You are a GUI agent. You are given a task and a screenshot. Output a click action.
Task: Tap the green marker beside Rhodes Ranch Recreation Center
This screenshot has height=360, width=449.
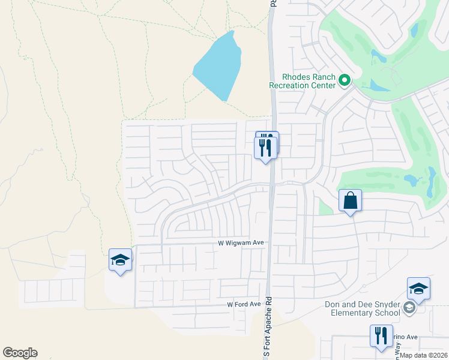tap(345, 79)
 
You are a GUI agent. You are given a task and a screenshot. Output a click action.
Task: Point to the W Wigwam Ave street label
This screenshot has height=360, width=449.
tap(241, 243)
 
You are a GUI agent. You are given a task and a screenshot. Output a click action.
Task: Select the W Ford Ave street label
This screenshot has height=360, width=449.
tap(244, 304)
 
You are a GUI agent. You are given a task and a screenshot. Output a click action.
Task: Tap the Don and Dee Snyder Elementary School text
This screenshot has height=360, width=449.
tap(362, 308)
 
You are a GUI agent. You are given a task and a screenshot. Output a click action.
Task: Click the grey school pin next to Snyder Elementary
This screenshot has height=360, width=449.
tap(409, 308)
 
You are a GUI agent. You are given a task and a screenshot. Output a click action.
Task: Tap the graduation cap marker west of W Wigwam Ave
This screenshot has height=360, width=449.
tap(120, 260)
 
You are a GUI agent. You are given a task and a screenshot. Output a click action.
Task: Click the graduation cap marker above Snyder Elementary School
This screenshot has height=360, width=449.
tap(418, 289)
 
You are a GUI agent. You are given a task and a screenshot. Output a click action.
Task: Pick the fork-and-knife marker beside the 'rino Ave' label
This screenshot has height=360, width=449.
tap(381, 335)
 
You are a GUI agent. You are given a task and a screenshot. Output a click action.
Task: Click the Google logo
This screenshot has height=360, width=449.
tap(20, 353)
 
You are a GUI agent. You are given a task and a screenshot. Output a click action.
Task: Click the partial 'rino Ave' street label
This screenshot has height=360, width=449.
tap(404, 337)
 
